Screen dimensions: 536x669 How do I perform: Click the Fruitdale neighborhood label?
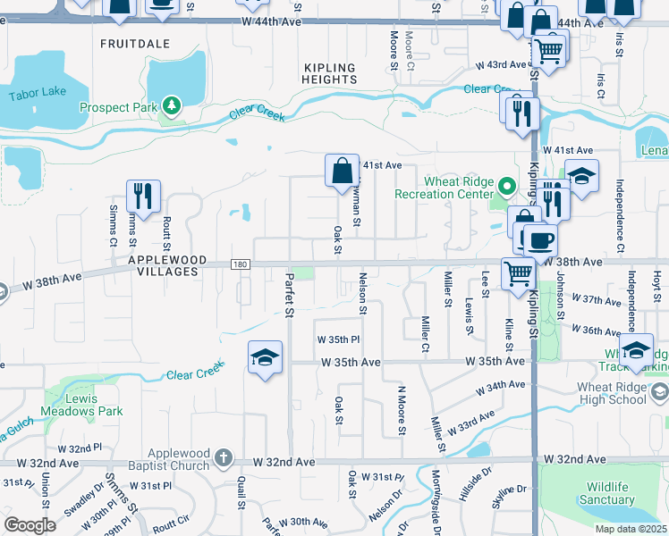tap(134, 43)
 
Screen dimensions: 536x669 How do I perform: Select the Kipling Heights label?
tap(330, 74)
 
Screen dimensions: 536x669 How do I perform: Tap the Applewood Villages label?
tap(167, 266)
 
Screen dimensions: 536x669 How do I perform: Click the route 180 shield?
tap(240, 264)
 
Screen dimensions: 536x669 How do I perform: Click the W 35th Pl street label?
tap(338, 340)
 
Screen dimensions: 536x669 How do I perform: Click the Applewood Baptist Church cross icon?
tap(224, 459)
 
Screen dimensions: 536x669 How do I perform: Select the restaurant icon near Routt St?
tap(143, 194)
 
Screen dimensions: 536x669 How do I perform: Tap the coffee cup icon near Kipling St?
tap(539, 239)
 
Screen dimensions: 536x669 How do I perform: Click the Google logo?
tap(30, 524)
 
